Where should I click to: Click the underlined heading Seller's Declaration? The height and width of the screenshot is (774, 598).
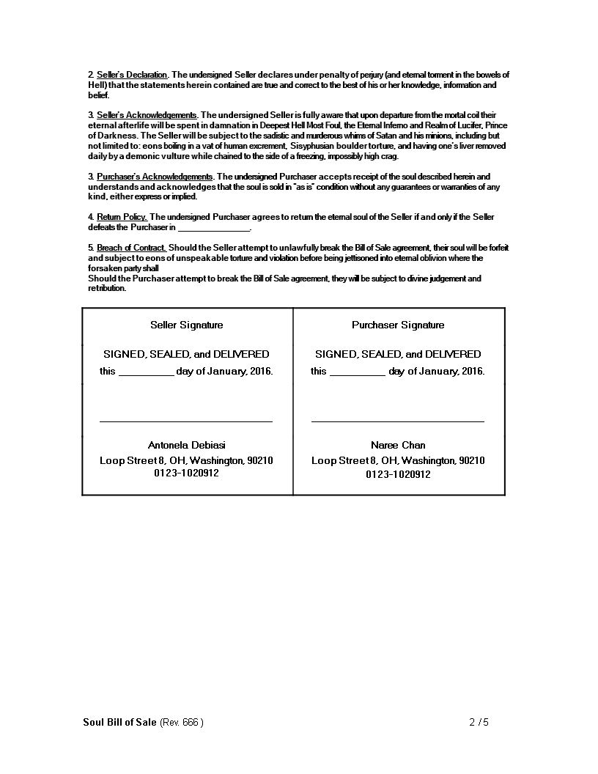click(x=133, y=75)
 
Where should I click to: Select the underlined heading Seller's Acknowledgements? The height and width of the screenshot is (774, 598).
click(x=147, y=115)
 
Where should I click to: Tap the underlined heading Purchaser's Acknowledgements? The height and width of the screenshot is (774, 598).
click(x=155, y=177)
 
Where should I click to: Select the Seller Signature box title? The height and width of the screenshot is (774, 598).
click(x=187, y=325)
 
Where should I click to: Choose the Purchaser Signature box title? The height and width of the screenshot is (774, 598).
click(x=398, y=325)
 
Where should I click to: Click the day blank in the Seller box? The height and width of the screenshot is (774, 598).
click(x=146, y=372)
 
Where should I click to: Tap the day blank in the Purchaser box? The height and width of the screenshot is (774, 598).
click(x=358, y=372)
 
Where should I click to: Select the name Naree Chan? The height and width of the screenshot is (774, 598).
click(x=398, y=445)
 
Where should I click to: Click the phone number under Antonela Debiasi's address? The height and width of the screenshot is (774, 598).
click(x=186, y=473)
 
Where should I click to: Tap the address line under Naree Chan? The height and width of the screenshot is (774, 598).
click(x=398, y=460)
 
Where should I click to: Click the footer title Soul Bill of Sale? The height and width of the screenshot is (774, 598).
click(x=119, y=722)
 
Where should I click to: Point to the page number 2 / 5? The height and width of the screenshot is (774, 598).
click(x=479, y=722)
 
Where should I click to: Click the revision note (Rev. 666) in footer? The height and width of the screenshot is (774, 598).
click(x=181, y=722)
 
